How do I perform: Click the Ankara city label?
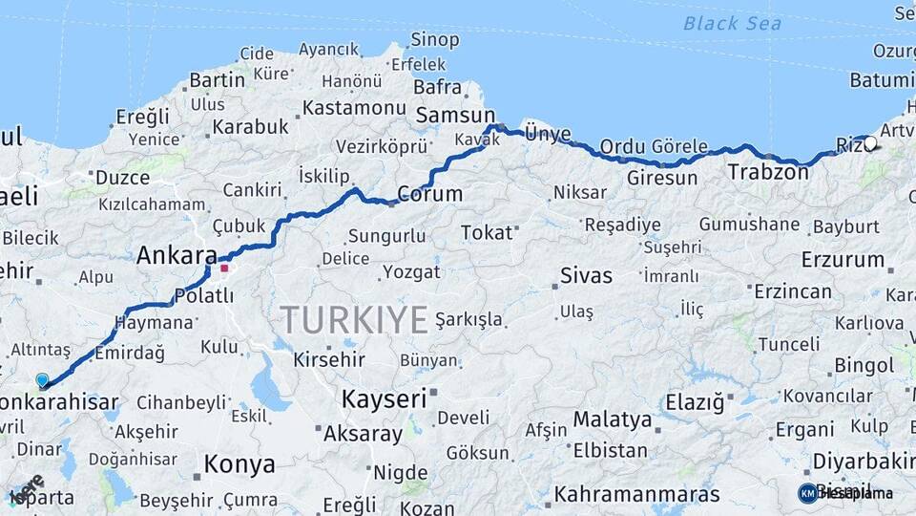(x=177, y=255)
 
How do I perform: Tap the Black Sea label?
(x=732, y=24)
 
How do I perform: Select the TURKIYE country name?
(x=353, y=320)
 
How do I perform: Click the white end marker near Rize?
(x=870, y=143)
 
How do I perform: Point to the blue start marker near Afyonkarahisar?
(x=42, y=380)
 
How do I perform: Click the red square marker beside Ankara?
(x=224, y=268)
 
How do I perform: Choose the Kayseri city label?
(x=384, y=398)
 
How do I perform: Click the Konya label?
(x=239, y=464)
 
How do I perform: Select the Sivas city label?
(x=586, y=276)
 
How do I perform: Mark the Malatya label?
(x=613, y=419)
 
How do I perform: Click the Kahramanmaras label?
(x=636, y=495)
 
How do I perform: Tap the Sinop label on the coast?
(x=434, y=39)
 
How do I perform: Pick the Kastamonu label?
(x=347, y=108)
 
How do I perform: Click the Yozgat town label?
(x=411, y=272)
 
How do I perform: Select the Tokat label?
(x=487, y=232)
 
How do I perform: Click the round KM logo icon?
(x=808, y=493)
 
